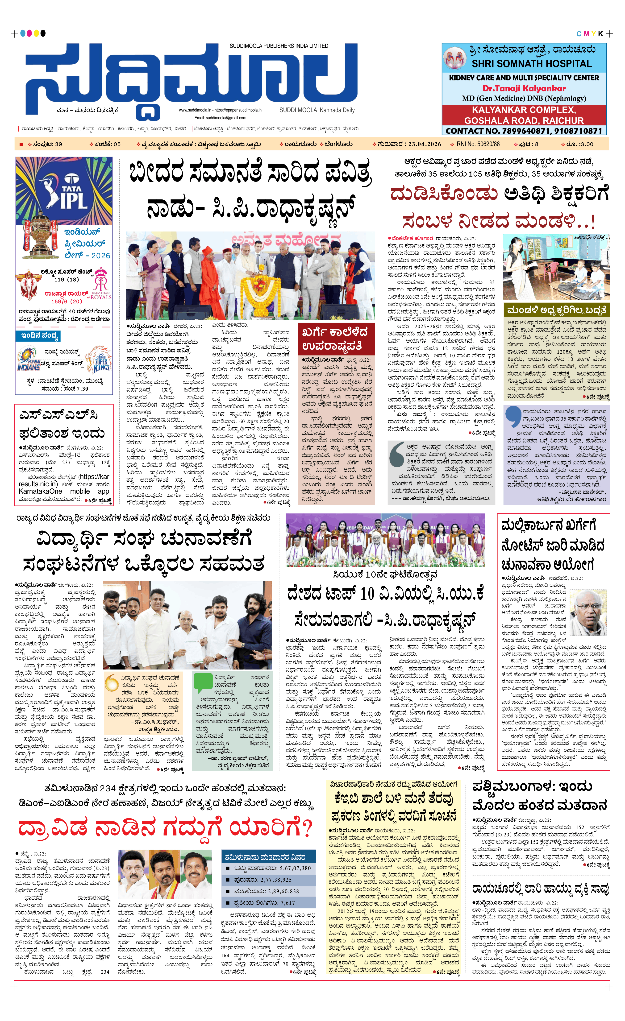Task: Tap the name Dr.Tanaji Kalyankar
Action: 524,88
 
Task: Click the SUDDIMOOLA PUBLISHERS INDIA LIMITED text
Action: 279,46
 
